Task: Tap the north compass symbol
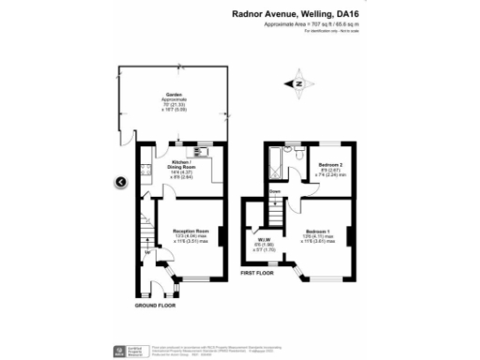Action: click(x=298, y=82)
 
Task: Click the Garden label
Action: click(x=173, y=96)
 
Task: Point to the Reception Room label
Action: click(x=189, y=228)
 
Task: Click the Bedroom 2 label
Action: click(x=330, y=164)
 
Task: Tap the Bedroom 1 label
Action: click(x=317, y=231)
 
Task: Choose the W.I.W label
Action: click(x=263, y=240)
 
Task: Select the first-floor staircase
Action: click(x=276, y=210)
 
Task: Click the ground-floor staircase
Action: click(x=147, y=231)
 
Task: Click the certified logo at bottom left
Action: click(x=118, y=348)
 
